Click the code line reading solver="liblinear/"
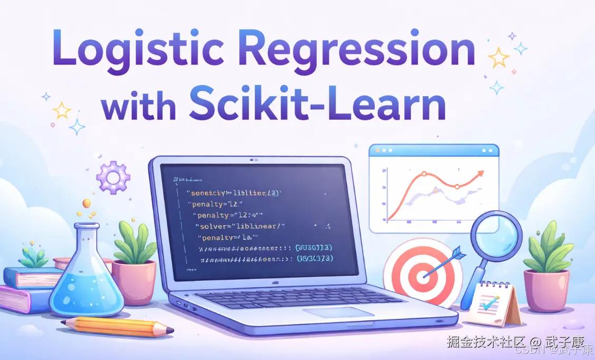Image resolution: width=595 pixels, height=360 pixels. (x=239, y=226)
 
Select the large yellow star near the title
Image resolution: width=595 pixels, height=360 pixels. (x=498, y=57)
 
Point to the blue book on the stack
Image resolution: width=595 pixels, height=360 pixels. (x=32, y=277)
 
